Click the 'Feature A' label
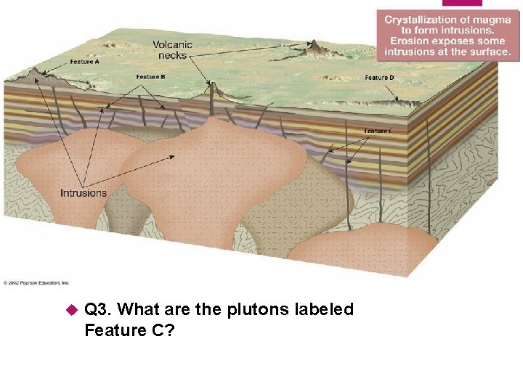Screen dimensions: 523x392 [x=85, y=62]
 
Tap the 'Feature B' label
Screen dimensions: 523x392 [x=150, y=77]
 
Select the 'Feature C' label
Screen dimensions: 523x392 [x=378, y=131]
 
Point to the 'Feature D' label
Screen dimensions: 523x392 [x=379, y=78]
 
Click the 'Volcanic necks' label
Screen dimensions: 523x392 [x=172, y=49]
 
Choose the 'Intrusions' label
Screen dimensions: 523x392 [x=84, y=193]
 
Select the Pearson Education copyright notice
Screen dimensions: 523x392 [x=36, y=282]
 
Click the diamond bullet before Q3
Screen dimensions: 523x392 [x=71, y=310]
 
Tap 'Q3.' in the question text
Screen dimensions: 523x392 [x=98, y=310]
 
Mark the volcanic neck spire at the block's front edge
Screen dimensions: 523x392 [x=213, y=91]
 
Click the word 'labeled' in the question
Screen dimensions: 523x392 [x=324, y=310]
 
